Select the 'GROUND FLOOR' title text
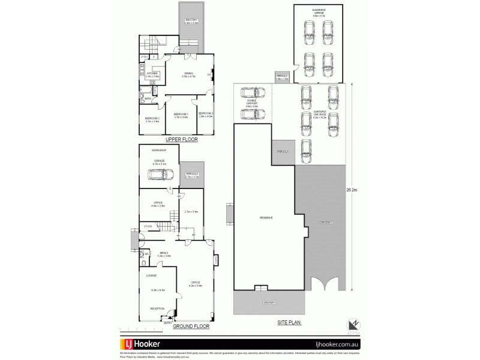point(190,328)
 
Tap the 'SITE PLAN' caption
point(290,322)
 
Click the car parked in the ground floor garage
point(160,175)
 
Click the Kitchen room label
point(152,74)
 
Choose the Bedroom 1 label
point(181,115)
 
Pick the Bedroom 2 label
point(152,119)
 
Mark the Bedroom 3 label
point(206,114)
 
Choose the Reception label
point(157,308)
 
